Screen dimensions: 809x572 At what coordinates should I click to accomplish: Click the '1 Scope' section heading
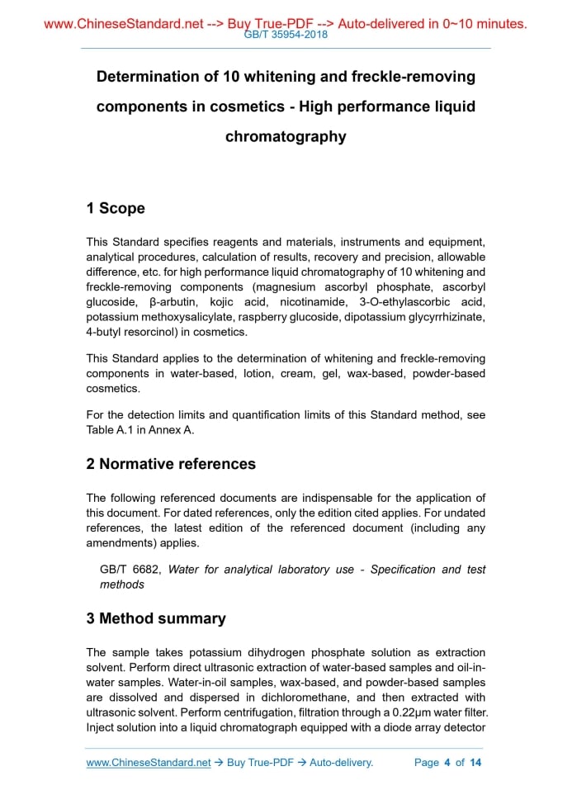click(116, 208)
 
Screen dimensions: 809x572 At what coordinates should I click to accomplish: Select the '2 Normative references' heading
click(171, 464)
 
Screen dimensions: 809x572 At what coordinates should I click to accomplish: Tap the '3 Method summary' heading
click(156, 618)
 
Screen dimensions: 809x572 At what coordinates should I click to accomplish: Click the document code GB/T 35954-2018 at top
click(286, 35)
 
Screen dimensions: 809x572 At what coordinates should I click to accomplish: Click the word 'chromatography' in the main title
click(286, 136)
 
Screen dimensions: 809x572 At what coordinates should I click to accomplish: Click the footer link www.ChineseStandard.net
click(149, 762)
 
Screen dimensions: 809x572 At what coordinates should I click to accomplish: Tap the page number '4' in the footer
click(447, 762)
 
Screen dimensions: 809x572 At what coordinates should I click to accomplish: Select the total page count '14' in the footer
click(475, 762)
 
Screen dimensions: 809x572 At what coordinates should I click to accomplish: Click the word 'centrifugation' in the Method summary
click(254, 712)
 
